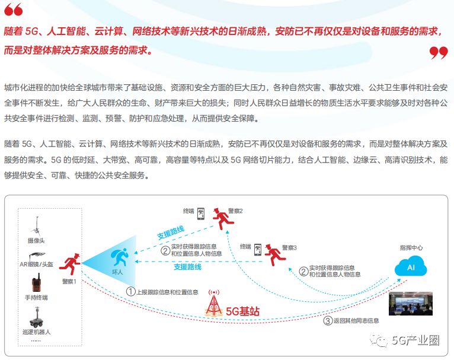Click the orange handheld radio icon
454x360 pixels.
(x=36, y=282)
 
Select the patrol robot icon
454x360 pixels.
(x=36, y=316)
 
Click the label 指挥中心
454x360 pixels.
(x=411, y=247)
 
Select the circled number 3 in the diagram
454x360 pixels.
(x=328, y=321)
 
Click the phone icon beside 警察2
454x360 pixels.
(x=201, y=213)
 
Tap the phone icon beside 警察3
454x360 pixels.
(x=258, y=250)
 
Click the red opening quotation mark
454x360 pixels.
(x=14, y=10)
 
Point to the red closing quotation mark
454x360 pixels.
(x=439, y=53)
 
